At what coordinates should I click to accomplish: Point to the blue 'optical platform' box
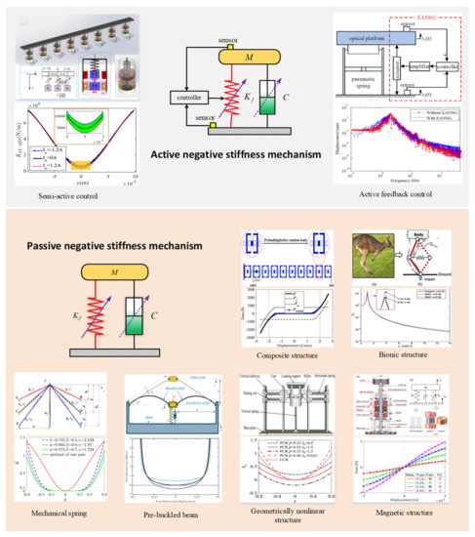363,36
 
